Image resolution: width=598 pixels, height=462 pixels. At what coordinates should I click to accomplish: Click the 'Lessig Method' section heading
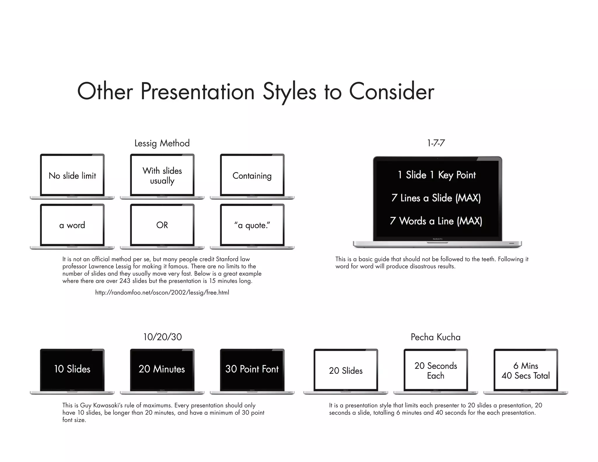pos(162,143)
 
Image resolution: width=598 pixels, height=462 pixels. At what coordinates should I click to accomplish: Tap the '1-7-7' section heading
pos(436,143)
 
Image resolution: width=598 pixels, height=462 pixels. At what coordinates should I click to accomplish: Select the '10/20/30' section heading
pos(162,337)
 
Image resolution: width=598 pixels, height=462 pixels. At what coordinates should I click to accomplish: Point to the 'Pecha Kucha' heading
pos(435,337)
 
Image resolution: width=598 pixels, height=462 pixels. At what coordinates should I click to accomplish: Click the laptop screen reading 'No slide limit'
pos(72,176)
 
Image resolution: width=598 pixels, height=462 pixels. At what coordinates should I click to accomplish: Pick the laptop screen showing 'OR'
pos(162,225)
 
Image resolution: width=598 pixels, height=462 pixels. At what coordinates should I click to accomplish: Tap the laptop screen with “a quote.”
pos(252,225)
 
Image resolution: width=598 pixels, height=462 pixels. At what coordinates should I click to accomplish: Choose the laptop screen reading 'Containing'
pos(252,176)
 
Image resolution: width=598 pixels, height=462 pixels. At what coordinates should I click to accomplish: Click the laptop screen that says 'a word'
pos(72,225)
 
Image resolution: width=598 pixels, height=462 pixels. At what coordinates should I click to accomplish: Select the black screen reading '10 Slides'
pos(72,369)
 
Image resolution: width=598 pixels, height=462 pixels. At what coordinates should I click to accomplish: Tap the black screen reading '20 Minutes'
pos(162,369)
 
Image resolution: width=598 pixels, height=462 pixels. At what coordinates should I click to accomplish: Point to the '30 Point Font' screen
pos(252,369)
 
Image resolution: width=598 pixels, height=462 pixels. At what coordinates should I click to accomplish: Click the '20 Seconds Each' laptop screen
pos(436,371)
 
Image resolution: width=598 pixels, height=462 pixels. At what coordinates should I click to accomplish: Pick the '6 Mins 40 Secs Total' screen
pos(526,371)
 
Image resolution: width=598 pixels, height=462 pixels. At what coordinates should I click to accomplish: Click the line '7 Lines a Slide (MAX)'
pos(436,198)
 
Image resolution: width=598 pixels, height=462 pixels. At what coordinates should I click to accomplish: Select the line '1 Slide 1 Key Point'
pos(437,175)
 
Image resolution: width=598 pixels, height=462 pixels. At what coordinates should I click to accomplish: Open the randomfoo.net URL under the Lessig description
pos(162,292)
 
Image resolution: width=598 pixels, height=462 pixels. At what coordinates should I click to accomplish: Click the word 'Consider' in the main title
pos(392,91)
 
